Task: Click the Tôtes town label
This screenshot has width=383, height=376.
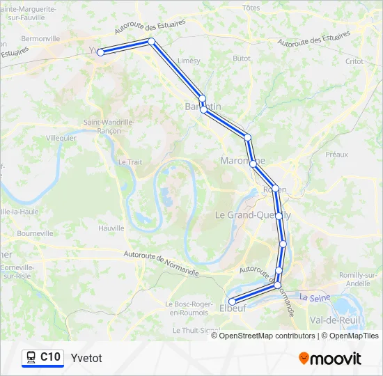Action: [x=251, y=8]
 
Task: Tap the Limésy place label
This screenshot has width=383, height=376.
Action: [x=189, y=61]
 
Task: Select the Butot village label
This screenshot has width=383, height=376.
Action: [x=242, y=58]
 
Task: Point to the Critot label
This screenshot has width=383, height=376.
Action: [x=354, y=61]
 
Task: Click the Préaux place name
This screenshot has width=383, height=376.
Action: [x=336, y=154]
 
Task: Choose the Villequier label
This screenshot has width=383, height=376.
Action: [x=61, y=138]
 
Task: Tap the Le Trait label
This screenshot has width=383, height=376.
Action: [x=130, y=162]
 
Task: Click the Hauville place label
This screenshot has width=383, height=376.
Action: [x=111, y=228]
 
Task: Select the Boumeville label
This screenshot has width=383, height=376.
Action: [x=35, y=233]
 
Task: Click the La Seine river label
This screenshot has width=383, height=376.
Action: [x=314, y=297]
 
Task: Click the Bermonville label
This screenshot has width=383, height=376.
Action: [x=41, y=38]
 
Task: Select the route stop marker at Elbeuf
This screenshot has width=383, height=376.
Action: [x=232, y=301]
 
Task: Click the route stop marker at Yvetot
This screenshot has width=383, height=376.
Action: [x=100, y=52]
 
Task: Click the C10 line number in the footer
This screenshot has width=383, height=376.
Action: [x=50, y=357]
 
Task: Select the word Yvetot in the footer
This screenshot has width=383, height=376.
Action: [x=86, y=358]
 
